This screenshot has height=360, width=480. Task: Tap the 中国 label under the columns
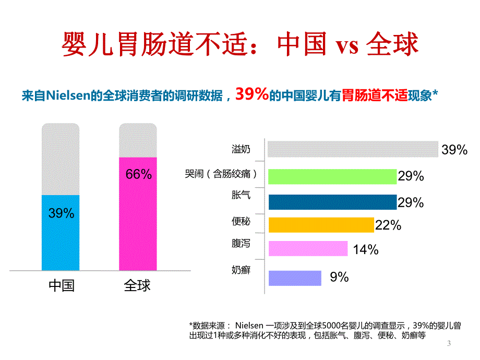(61, 286)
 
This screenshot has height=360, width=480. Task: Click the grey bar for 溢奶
(353, 149)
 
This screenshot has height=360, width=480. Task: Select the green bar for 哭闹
(332, 176)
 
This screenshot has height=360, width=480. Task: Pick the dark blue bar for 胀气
(332, 202)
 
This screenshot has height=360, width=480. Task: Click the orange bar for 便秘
(321, 224)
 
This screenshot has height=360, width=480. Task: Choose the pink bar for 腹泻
(308, 248)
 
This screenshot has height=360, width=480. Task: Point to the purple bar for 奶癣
(295, 278)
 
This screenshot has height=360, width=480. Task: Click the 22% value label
(388, 225)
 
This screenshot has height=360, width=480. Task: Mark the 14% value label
(365, 250)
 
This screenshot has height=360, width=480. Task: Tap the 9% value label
(339, 278)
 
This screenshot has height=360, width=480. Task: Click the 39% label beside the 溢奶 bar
(454, 150)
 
